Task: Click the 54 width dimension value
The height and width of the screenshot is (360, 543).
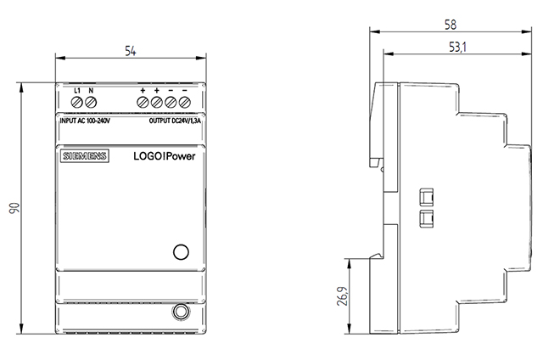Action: (131, 51)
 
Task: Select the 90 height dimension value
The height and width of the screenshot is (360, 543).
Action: (14, 208)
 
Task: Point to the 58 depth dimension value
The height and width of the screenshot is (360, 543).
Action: (451, 25)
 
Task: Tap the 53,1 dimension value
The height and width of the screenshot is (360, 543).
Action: (457, 47)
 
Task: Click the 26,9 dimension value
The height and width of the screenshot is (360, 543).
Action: (343, 295)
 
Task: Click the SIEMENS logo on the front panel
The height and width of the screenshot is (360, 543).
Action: (85, 156)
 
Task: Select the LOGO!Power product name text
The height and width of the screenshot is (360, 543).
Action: (164, 156)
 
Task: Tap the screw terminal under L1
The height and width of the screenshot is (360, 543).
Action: (77, 102)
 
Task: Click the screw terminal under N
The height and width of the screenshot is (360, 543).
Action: (91, 102)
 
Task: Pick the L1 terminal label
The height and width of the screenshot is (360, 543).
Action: (77, 91)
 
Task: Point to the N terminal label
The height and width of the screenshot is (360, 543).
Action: (91, 91)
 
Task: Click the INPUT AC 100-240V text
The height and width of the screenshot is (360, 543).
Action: (85, 121)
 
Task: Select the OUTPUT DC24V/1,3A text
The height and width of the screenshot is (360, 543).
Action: (175, 121)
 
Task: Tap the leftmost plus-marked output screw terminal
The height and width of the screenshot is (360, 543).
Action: (143, 102)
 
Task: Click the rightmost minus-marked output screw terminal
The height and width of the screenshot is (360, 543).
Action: (185, 102)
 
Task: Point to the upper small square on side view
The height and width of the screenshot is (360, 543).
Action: (426, 198)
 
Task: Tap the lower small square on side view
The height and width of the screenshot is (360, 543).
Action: (426, 219)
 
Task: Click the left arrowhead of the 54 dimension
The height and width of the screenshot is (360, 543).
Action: (60, 58)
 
